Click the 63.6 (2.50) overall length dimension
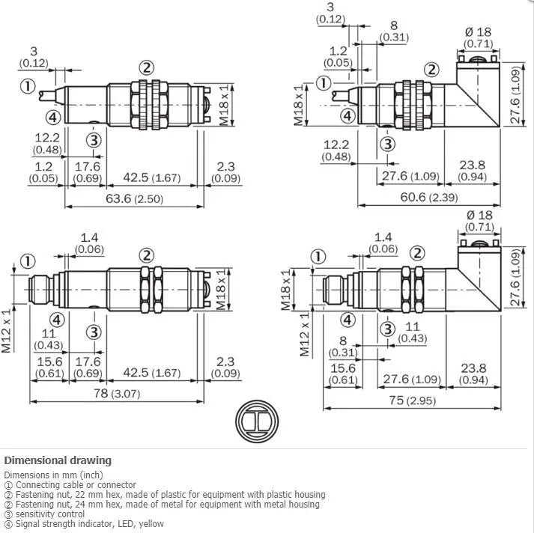coord(134,198)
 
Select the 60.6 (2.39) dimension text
coord(428,197)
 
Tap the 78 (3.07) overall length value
coord(117,394)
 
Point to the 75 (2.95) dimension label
coord(413,400)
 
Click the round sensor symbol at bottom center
coord(257,421)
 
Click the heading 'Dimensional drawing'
coord(58,460)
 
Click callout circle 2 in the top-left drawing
coord(147,67)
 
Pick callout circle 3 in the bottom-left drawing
coord(94,332)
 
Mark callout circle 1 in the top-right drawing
coord(324,83)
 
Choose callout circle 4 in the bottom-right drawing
coord(348,320)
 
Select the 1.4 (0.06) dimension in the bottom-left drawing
coord(89,243)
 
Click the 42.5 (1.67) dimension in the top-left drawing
coord(151,177)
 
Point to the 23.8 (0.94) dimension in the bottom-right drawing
coord(473,374)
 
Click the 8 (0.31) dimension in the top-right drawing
coord(394,31)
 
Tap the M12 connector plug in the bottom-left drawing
coord(41,290)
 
